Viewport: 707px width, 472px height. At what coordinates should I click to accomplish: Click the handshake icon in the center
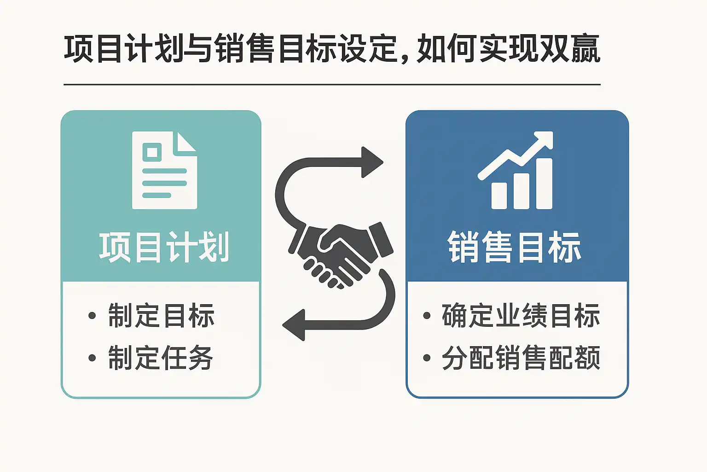(x=341, y=254)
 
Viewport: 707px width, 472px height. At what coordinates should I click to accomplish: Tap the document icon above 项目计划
(x=164, y=171)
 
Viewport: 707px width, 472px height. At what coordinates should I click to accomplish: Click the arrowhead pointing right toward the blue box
(x=372, y=162)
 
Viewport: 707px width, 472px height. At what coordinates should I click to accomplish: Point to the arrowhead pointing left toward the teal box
(x=295, y=325)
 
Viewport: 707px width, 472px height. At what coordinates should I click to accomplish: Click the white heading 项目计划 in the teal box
(x=164, y=248)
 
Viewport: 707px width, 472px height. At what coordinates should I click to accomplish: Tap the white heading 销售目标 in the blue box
(x=514, y=248)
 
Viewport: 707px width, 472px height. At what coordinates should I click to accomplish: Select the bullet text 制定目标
(x=161, y=316)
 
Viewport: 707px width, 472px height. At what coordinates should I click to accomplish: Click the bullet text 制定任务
(x=161, y=358)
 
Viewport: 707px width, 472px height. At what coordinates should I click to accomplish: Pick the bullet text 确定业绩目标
(x=521, y=316)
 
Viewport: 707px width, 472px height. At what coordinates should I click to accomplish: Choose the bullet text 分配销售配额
(x=521, y=358)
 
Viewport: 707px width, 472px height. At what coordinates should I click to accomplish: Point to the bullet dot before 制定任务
(x=92, y=358)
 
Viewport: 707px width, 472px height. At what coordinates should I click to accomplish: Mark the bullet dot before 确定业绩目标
(x=427, y=316)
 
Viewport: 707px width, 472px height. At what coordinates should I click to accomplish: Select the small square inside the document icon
(x=152, y=152)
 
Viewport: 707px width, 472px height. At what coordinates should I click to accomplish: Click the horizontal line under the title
(x=331, y=85)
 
